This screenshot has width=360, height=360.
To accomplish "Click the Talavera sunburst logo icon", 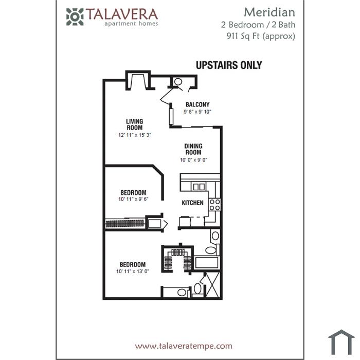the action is (x=75, y=17).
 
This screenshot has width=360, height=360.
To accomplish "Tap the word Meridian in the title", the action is (x=269, y=12).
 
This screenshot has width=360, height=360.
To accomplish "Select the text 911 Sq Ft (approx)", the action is (x=261, y=37).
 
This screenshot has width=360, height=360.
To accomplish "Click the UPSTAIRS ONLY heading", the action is (x=229, y=65).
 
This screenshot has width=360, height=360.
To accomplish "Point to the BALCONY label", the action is (x=197, y=104).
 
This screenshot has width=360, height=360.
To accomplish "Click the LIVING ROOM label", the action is (x=135, y=124).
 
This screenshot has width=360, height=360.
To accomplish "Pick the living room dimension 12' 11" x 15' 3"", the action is (x=135, y=135).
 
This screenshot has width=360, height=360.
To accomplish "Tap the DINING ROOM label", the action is (x=193, y=149).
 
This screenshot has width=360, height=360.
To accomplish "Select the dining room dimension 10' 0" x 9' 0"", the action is (x=193, y=160).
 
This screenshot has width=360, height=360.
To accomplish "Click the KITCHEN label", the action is (x=192, y=203).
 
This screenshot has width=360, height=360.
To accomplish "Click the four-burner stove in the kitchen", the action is (x=214, y=205).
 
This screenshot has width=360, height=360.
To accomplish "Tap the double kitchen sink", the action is (x=199, y=187).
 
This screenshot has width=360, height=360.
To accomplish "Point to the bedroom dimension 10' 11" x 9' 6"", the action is (x=133, y=199).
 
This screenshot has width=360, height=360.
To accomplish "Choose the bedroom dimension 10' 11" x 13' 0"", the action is (x=133, y=271).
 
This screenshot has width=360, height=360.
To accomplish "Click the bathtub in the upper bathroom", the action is (x=207, y=262).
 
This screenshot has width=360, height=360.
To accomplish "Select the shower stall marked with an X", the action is (x=212, y=285).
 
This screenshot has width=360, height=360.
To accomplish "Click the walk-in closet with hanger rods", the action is (x=177, y=259).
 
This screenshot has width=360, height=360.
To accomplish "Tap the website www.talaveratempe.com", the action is (x=184, y=346).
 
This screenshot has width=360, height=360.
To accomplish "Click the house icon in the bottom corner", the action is (x=341, y=342).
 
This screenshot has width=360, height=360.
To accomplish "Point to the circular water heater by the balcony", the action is (x=178, y=82).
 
